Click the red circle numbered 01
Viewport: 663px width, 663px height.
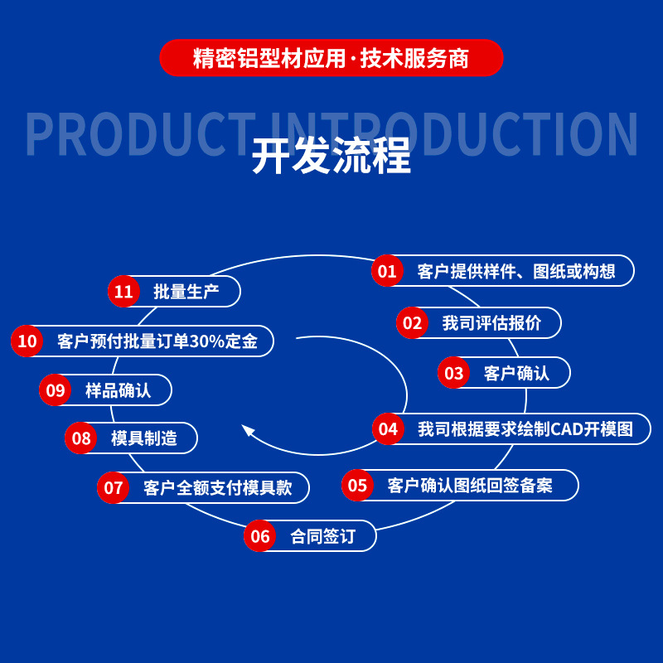[387, 271]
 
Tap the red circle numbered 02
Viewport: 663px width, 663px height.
[412, 323]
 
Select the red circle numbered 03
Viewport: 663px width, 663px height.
[453, 373]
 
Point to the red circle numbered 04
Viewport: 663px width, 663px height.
[388, 429]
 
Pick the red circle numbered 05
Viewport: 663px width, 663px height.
[357, 485]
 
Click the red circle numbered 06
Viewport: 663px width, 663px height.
[260, 536]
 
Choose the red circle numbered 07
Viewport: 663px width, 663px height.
[114, 487]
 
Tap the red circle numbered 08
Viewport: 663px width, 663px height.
[81, 438]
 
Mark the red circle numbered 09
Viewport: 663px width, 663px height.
[56, 390]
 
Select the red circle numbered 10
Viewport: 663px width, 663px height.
[27, 341]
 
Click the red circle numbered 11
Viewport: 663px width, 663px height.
[123, 292]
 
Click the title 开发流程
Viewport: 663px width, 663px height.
[331, 155]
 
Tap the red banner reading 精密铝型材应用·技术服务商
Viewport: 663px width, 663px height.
[331, 58]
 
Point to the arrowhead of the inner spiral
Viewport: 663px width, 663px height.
[247, 430]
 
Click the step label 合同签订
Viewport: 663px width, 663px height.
[322, 536]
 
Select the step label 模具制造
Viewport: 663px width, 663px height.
[144, 438]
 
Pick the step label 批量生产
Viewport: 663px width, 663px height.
[186, 292]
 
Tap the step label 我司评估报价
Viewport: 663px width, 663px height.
[491, 323]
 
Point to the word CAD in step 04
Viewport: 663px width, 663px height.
[569, 429]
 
